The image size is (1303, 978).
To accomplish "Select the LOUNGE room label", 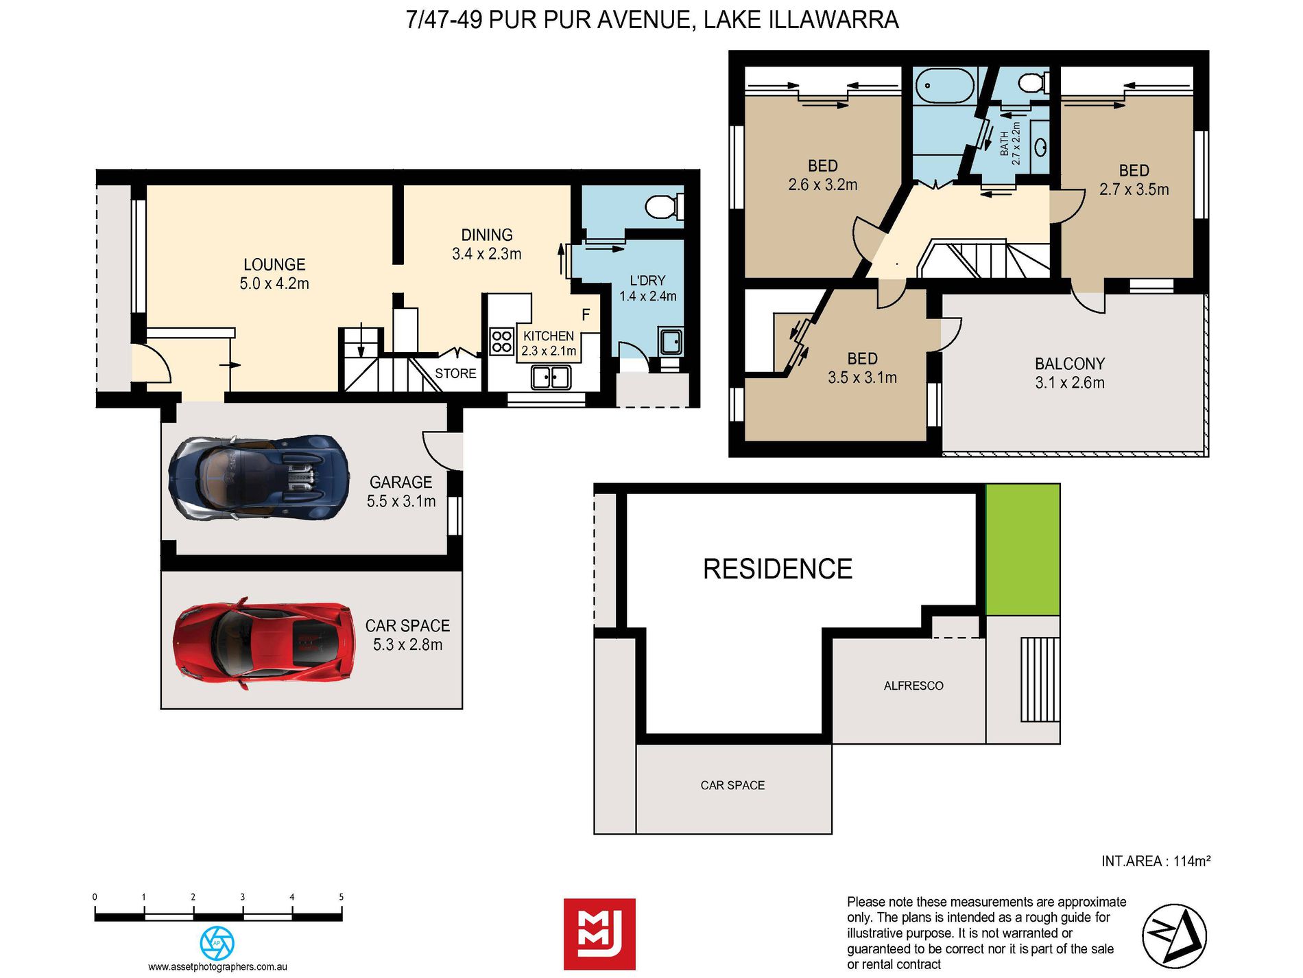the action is pos(274,265).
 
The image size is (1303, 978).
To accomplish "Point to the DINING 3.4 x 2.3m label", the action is pos(487,244).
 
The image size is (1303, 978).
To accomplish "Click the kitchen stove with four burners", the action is pos(502,341).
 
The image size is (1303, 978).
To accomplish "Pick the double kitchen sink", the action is pos(551,377).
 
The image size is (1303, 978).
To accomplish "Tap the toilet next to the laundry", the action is pos(664,205).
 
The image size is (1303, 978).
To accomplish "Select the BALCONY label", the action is pos(1070,364).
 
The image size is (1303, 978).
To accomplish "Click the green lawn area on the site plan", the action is pos(1023,549).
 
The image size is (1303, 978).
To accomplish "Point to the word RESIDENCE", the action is pos(778,569).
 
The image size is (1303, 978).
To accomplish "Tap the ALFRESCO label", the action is pos(913,686).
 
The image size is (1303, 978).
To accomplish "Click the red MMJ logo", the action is pos(599,933).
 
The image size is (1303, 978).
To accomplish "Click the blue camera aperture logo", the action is pos(217,943).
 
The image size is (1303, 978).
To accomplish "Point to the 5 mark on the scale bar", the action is pos(341,896).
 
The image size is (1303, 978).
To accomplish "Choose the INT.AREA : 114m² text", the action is pos(1156,861).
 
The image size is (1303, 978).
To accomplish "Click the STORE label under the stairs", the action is pos(455,373).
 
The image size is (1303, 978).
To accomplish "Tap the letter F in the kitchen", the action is pos(586,315).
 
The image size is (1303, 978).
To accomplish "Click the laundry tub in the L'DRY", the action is pos(670,341).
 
